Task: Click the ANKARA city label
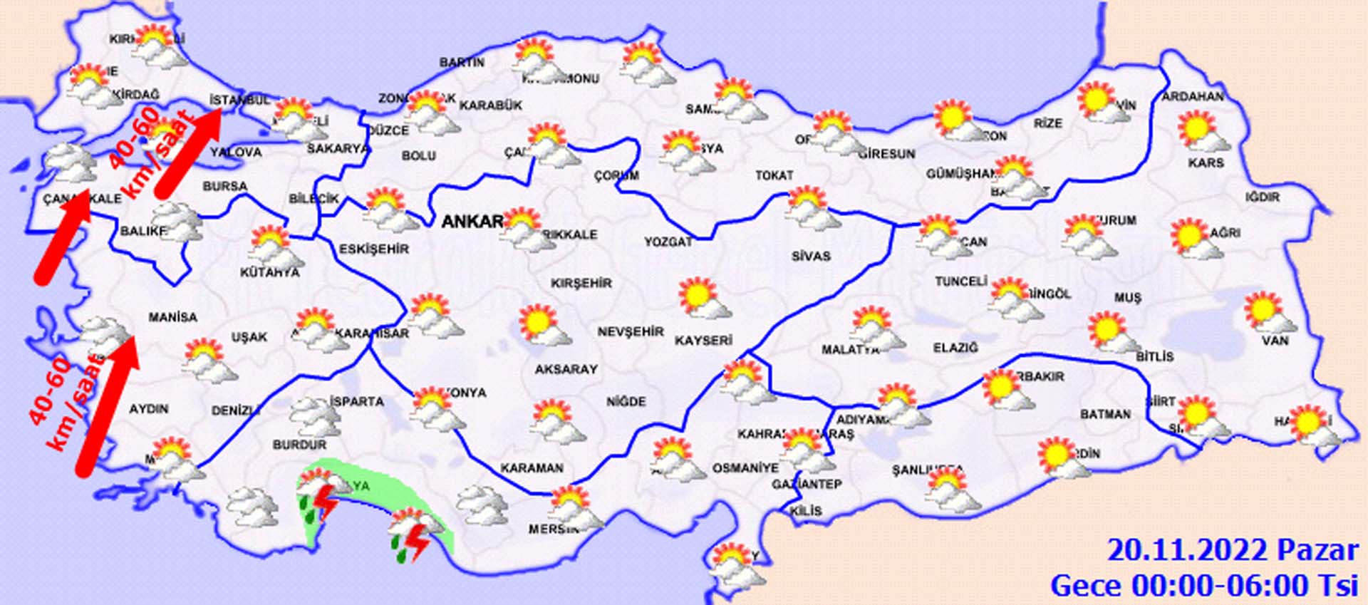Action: point(472,222)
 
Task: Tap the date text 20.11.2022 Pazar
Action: point(1233,551)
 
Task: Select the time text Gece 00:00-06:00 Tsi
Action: point(1204,586)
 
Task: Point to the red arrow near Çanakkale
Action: point(63,237)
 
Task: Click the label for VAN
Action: point(1275,341)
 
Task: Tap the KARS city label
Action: point(1206,163)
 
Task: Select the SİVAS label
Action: point(811,256)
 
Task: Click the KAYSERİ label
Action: point(703,341)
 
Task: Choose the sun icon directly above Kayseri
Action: point(703,299)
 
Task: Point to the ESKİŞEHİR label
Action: point(374,249)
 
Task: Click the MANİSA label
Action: point(172,317)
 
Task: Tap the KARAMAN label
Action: point(532,468)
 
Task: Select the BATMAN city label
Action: point(1105,414)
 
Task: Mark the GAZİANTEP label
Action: point(807,485)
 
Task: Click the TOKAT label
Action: point(774,175)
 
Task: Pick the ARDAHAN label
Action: point(1193,96)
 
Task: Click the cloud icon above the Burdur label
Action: point(313,417)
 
